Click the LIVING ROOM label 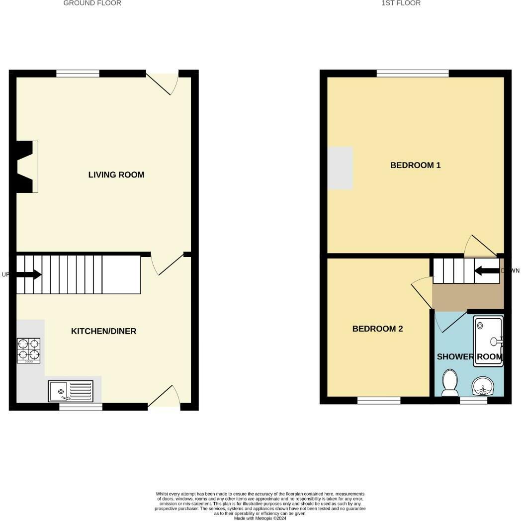pyautogui.click(x=116, y=175)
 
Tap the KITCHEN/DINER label pyautogui.click(x=103, y=332)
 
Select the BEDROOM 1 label pyautogui.click(x=415, y=166)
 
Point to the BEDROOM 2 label pyautogui.click(x=377, y=329)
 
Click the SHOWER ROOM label pyautogui.click(x=469, y=357)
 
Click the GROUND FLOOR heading pyautogui.click(x=92, y=3)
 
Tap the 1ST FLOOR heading pyautogui.click(x=401, y=3)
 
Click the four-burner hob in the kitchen pyautogui.click(x=29, y=350)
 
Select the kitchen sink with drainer pyautogui.click(x=71, y=391)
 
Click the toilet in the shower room pyautogui.click(x=450, y=382)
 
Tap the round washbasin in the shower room pyautogui.click(x=481, y=386)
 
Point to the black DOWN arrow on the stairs pyautogui.click(x=487, y=271)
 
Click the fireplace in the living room pyautogui.click(x=26, y=167)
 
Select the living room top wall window pyautogui.click(x=78, y=74)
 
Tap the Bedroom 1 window pyautogui.click(x=413, y=74)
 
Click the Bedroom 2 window pyautogui.click(x=379, y=400)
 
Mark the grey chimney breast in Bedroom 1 pyautogui.click(x=340, y=168)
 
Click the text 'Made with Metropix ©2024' pyautogui.click(x=260, y=518)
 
